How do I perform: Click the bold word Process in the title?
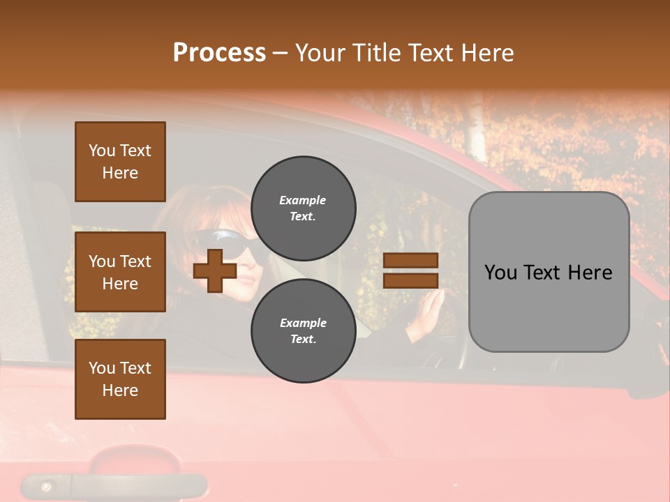click(x=219, y=53)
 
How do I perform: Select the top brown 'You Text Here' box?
click(x=120, y=162)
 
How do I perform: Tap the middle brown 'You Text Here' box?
click(x=120, y=272)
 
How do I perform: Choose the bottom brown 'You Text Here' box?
click(x=120, y=379)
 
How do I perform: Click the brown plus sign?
click(x=215, y=271)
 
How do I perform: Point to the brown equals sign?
click(x=410, y=271)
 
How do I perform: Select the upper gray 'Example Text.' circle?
click(x=303, y=208)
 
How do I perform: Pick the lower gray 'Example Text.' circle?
click(x=303, y=330)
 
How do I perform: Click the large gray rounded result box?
click(x=549, y=272)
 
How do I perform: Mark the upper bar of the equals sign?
click(x=410, y=261)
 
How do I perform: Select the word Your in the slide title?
click(x=321, y=53)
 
